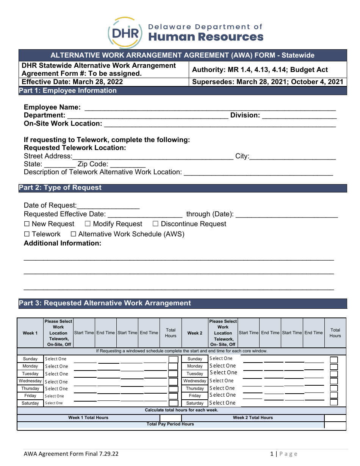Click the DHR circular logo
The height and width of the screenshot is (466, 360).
tap(125, 33)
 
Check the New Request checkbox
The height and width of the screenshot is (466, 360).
tap(27, 224)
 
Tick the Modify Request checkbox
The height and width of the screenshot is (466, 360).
tap(88, 224)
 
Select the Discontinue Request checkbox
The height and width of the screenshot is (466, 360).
tap(155, 224)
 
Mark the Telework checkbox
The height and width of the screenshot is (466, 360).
tap(27, 235)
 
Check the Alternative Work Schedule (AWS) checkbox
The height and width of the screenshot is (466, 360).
tap(74, 235)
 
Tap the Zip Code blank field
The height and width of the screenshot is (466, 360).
tap(128, 164)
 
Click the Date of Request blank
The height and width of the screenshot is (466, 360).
tap(108, 206)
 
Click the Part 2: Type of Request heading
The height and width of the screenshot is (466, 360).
tap(60, 188)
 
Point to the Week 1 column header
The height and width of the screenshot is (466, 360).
tap(30, 333)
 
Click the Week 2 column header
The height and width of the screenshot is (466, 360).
tap(195, 333)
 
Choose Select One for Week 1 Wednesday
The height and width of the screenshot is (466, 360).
tap(56, 382)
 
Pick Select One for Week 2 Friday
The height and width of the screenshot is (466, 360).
tap(222, 395)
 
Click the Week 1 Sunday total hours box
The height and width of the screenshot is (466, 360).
tap(173, 359)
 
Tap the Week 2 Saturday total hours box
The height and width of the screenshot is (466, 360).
tap(334, 403)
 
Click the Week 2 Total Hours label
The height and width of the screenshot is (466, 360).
tap(253, 418)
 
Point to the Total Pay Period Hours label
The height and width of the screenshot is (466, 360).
tap(170, 424)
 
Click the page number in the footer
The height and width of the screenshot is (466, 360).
tap(272, 454)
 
